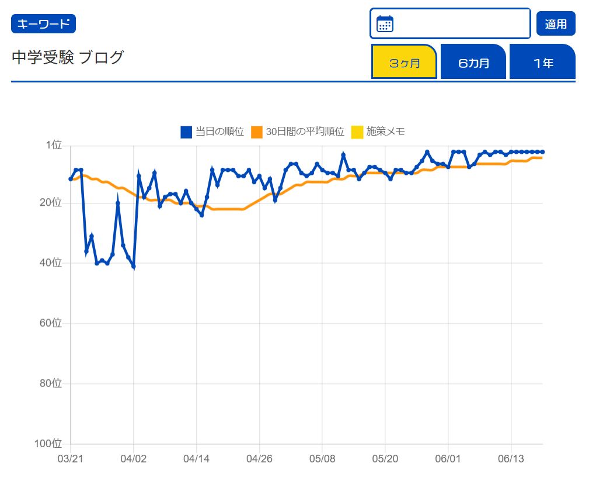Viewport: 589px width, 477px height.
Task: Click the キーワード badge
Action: click(43, 24)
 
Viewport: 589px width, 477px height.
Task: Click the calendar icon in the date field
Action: click(385, 24)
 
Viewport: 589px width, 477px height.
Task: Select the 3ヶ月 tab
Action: click(404, 62)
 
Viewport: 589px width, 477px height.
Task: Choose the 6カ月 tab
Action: click(473, 62)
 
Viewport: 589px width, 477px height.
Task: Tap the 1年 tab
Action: click(542, 62)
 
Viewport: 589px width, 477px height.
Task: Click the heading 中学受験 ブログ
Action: click(68, 58)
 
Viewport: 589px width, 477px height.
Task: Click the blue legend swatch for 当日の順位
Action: click(186, 132)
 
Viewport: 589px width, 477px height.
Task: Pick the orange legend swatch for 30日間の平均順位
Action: click(257, 132)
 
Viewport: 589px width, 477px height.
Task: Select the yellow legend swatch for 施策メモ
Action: click(357, 132)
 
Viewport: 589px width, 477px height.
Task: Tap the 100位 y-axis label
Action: click(48, 444)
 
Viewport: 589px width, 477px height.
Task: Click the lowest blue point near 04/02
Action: click(134, 267)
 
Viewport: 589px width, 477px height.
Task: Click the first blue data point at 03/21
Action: click(71, 179)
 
